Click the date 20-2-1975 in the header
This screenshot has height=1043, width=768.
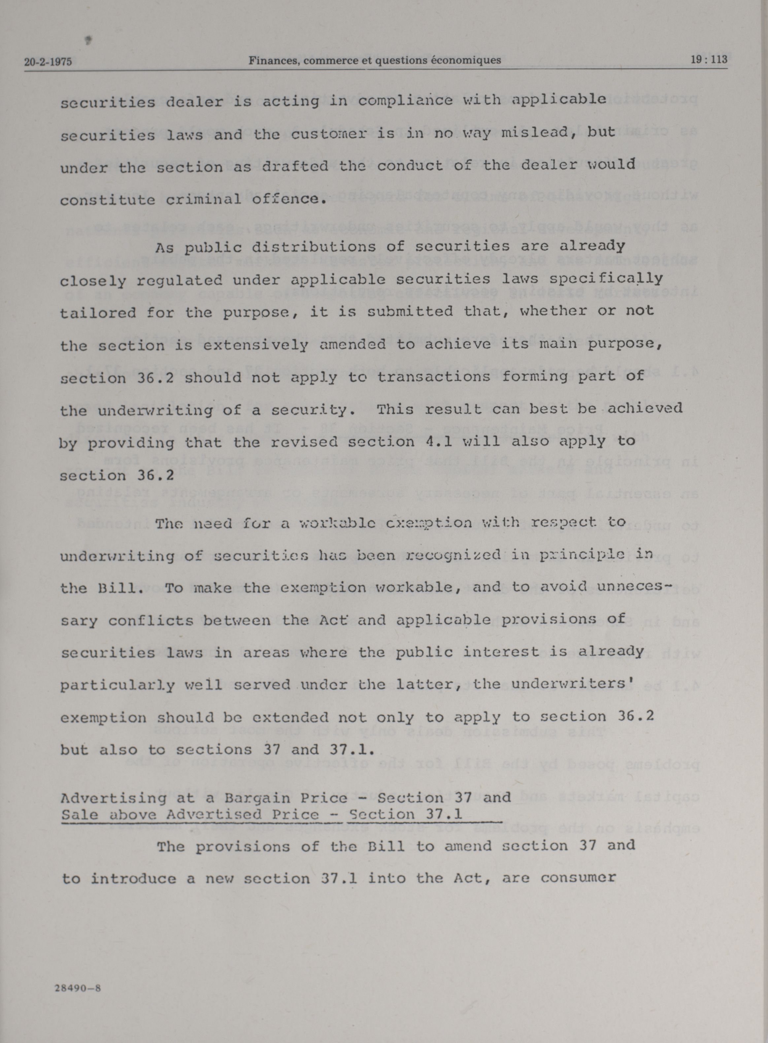coord(48,61)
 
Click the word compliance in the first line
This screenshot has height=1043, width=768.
coord(405,100)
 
